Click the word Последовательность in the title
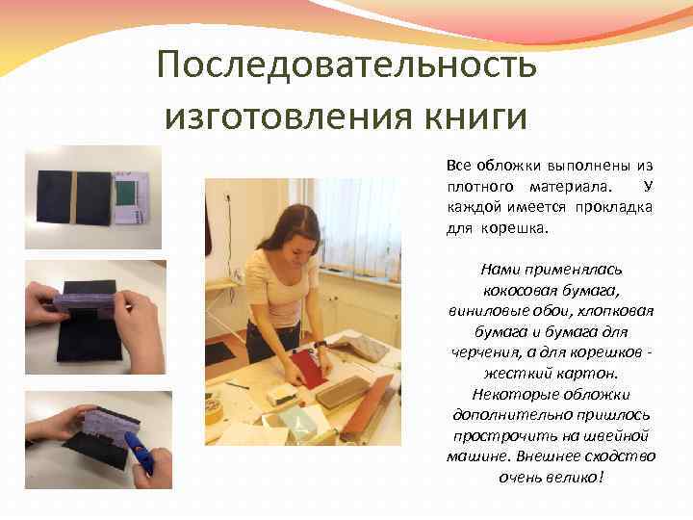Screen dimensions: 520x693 pos(346,66)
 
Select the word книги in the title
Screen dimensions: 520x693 pos(473,117)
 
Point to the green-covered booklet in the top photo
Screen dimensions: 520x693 pos(128,197)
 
